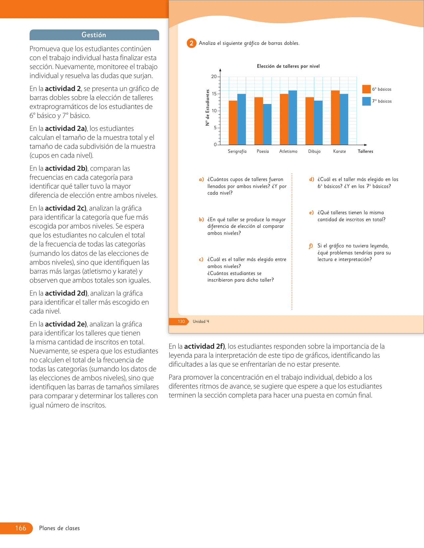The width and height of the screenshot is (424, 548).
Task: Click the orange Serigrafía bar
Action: (233, 123)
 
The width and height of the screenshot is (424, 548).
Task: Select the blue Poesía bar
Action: (267, 124)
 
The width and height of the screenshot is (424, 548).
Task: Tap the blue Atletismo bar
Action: (293, 118)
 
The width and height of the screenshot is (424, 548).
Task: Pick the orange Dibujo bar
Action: (310, 121)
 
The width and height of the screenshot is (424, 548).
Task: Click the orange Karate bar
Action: (335, 118)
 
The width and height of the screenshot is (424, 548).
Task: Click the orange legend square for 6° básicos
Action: (366, 89)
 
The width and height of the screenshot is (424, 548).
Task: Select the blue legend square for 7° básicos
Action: (366, 101)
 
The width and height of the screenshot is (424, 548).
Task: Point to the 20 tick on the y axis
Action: (214, 77)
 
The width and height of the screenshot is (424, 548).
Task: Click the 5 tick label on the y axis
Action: (215, 128)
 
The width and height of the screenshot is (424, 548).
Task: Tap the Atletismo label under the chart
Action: (288, 151)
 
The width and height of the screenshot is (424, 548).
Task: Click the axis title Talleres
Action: (365, 151)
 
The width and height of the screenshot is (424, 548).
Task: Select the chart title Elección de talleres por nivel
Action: (288, 66)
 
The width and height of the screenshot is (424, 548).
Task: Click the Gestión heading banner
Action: (94, 35)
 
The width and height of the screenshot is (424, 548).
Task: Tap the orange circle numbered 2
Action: (191, 43)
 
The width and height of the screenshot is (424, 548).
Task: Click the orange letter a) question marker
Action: (201, 179)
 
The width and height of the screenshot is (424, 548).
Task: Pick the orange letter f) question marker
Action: (311, 246)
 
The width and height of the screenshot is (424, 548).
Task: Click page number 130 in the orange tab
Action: (181, 321)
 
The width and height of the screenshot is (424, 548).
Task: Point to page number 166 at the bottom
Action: (21, 528)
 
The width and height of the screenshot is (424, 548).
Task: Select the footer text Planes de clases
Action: (60, 528)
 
